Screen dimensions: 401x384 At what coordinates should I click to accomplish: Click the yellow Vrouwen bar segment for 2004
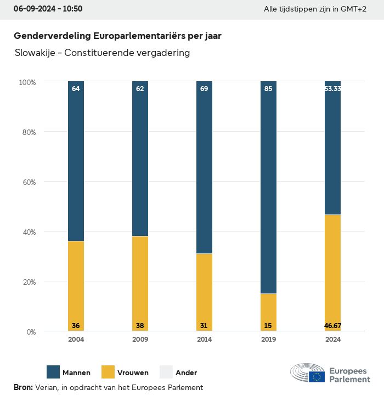click(x=76, y=285)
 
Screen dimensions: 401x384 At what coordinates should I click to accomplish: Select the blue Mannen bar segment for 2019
click(x=268, y=187)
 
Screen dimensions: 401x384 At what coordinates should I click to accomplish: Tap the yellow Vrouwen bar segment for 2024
click(x=332, y=273)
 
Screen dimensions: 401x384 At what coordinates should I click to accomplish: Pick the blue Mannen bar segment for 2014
click(x=204, y=167)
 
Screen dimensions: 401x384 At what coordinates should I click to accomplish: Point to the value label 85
click(x=268, y=88)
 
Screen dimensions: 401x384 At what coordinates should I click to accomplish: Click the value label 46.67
click(x=332, y=326)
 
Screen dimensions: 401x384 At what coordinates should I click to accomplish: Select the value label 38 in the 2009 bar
click(x=140, y=326)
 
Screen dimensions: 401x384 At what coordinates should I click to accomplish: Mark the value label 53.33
click(x=332, y=88)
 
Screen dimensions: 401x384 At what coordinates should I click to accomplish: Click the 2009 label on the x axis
click(x=140, y=340)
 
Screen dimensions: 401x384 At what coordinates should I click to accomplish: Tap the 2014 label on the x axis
click(x=204, y=340)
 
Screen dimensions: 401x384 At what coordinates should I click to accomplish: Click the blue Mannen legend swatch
click(x=53, y=372)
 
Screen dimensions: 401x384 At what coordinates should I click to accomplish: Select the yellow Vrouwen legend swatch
click(x=108, y=372)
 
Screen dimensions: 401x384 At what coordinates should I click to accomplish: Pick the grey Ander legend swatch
click(x=166, y=372)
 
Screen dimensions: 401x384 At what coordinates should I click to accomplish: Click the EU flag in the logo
click(x=317, y=376)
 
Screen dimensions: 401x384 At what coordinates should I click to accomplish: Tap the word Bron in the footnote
click(x=23, y=387)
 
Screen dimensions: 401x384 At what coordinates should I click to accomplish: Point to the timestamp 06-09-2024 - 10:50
click(x=48, y=9)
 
